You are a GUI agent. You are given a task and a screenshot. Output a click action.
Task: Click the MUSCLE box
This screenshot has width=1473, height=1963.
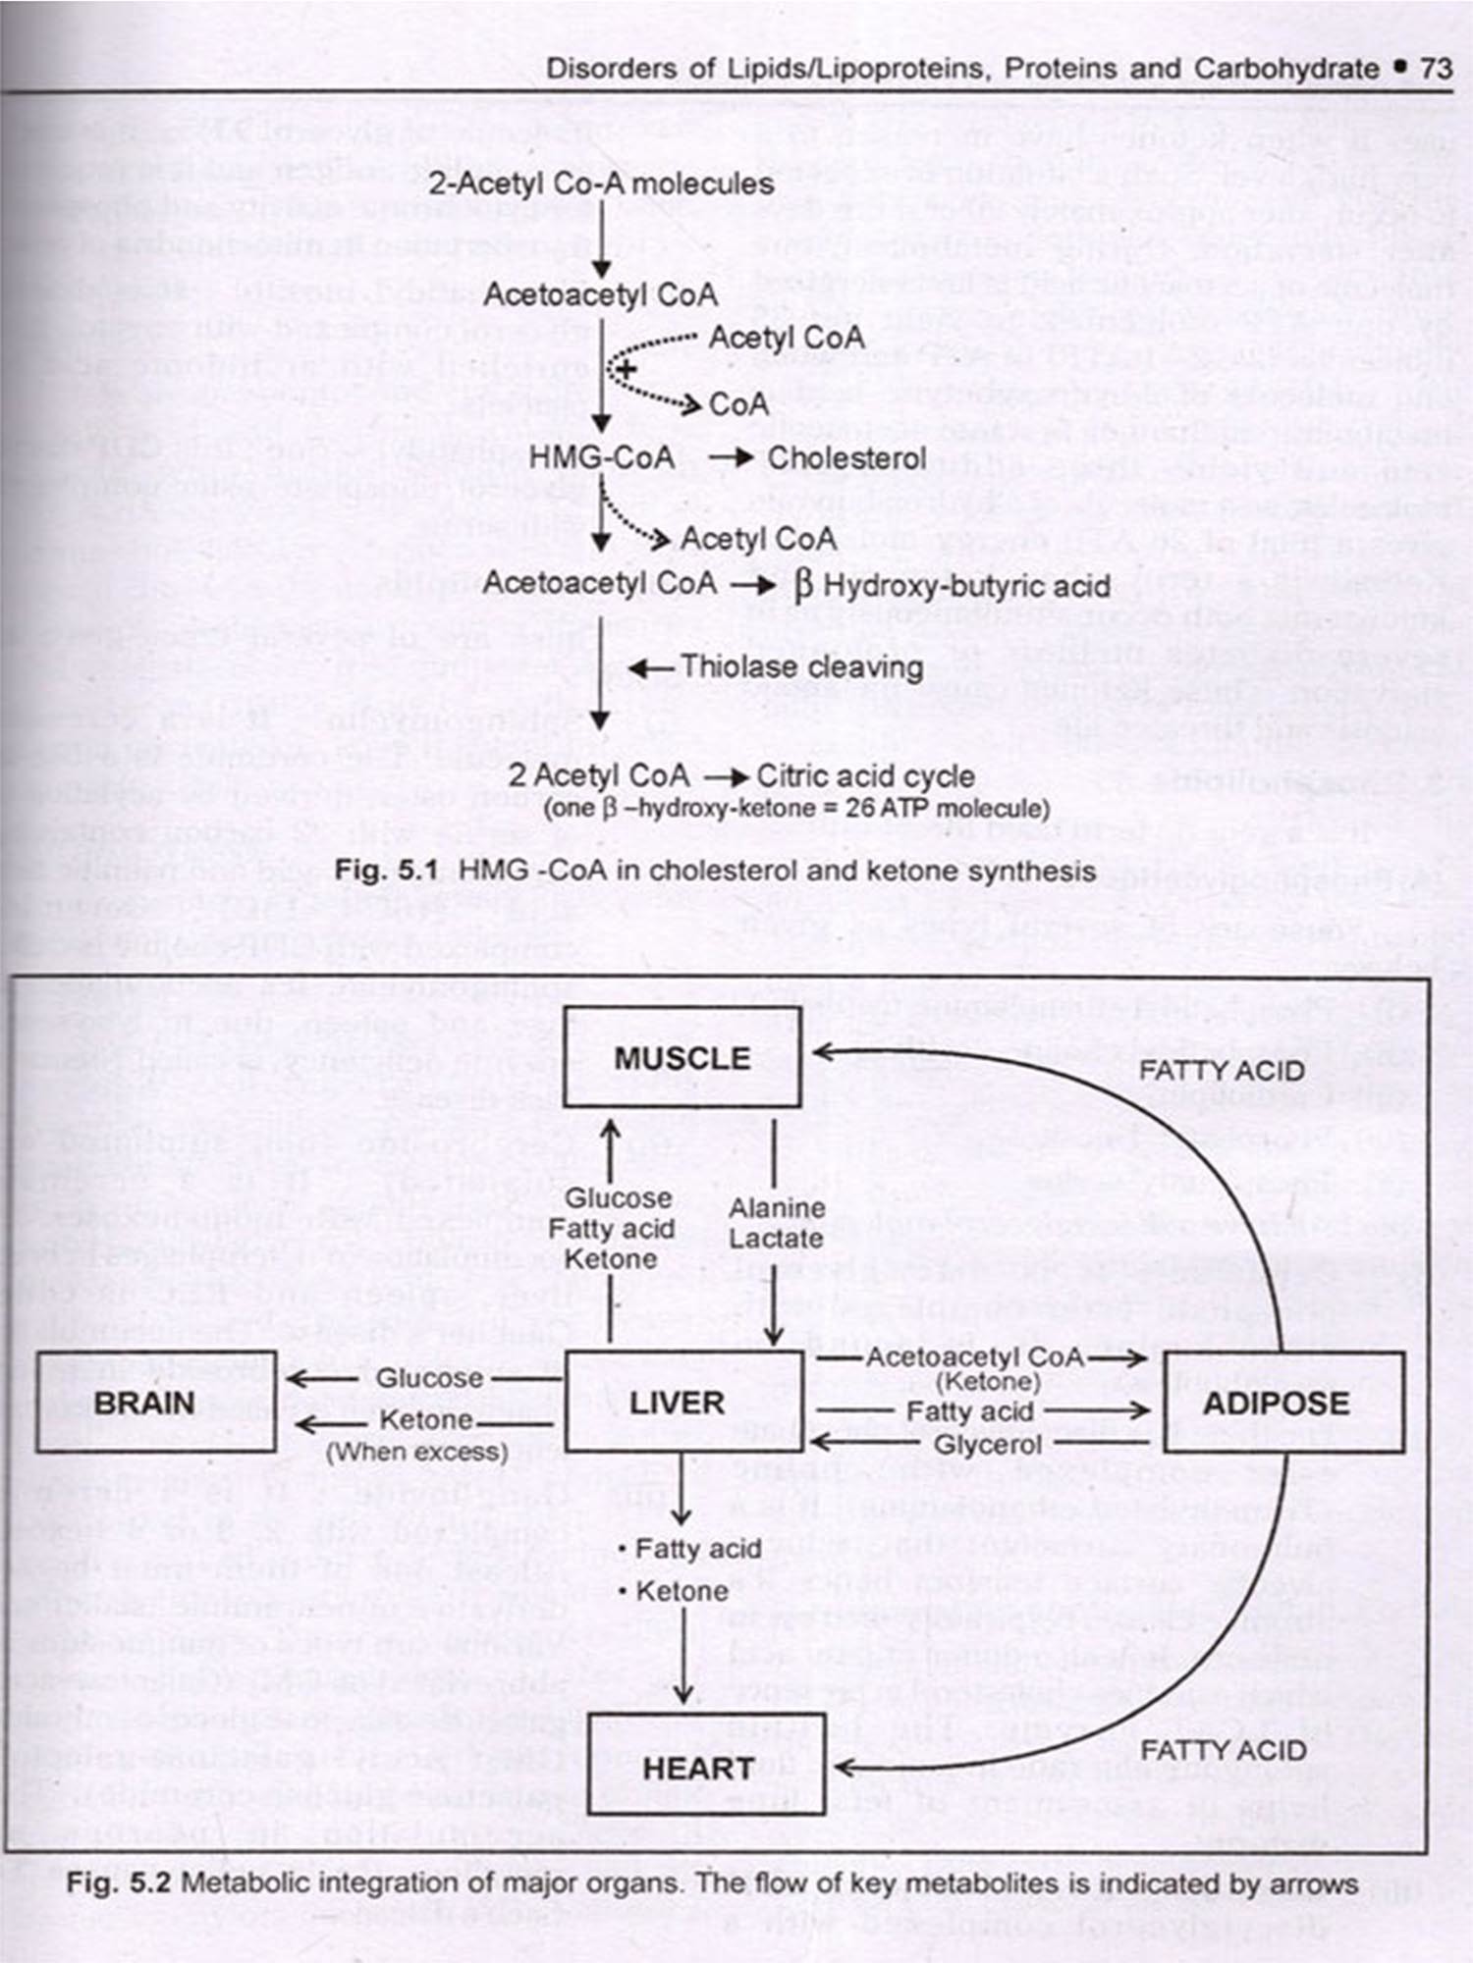tap(682, 1058)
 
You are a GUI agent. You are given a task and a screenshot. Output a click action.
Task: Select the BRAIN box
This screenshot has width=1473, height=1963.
tap(155, 1403)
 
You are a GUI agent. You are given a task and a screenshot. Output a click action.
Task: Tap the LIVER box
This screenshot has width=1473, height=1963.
tap(683, 1403)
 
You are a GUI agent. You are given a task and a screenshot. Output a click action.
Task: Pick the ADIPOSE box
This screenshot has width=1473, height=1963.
tap(1282, 1403)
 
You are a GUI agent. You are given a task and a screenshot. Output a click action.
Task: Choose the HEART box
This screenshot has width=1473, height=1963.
tap(697, 1768)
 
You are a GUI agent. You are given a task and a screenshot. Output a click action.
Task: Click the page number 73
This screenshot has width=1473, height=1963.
tap(1436, 69)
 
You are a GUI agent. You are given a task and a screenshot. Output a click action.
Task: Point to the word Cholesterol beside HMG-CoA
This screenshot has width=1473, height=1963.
tap(846, 458)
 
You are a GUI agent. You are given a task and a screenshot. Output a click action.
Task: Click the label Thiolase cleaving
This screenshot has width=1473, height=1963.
tap(801, 667)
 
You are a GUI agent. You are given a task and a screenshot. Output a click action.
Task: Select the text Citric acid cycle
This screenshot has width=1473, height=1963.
tap(865, 776)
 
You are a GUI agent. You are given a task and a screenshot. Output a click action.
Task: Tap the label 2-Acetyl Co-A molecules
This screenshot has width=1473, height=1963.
tap(600, 184)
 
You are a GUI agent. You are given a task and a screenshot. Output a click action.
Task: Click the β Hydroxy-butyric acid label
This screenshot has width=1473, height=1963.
tap(952, 586)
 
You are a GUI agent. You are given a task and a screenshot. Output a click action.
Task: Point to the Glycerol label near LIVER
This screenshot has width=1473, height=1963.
tap(987, 1445)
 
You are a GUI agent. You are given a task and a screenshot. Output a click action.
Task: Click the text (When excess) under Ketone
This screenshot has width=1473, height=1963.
tap(417, 1452)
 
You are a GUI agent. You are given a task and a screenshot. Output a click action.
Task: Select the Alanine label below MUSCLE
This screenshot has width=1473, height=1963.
tap(776, 1208)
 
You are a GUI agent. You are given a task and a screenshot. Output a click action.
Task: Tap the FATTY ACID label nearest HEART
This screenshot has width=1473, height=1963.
tap(1223, 1750)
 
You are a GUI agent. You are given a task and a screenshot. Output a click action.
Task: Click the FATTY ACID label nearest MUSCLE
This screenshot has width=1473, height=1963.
tap(1222, 1070)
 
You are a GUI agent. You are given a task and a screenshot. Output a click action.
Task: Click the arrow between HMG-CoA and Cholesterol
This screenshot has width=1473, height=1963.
tap(731, 458)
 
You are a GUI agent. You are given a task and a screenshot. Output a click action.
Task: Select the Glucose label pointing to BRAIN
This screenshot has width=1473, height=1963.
tap(429, 1379)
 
